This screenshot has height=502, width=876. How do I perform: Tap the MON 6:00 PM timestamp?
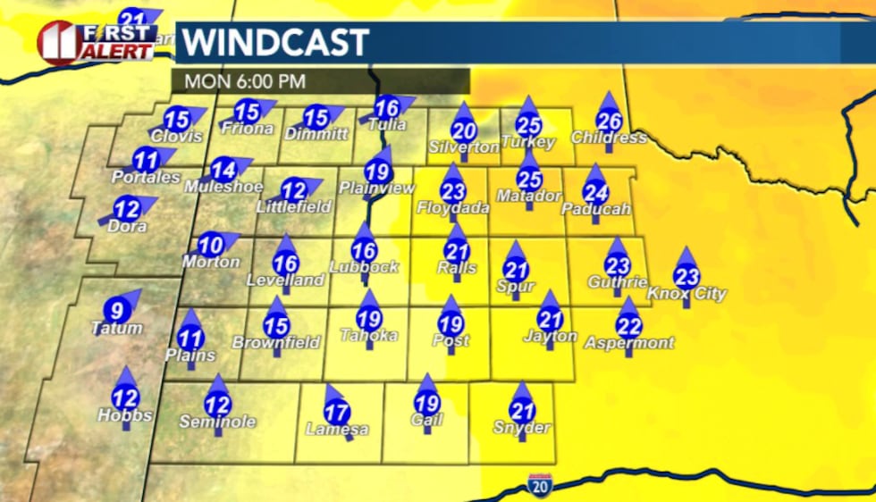click(x=245, y=81)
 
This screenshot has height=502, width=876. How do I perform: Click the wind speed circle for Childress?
click(x=609, y=121)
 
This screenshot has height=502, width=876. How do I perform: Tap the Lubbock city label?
click(x=364, y=267)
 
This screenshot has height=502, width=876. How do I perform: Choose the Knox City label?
click(x=686, y=294)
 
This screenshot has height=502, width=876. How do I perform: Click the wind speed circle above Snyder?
click(x=521, y=411)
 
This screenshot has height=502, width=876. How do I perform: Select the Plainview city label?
click(x=377, y=188)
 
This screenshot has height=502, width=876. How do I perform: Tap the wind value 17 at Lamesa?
click(x=337, y=413)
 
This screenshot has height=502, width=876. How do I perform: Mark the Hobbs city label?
click(x=125, y=415)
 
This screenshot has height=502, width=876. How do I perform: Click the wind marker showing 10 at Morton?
click(x=211, y=244)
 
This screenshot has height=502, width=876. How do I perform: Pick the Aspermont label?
click(x=629, y=343)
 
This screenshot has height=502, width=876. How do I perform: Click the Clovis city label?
click(x=177, y=137)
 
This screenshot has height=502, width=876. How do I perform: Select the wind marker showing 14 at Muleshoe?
click(x=223, y=169)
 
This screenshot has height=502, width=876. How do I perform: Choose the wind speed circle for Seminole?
click(x=218, y=405)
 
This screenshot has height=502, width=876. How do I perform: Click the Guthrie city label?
click(x=618, y=282)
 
